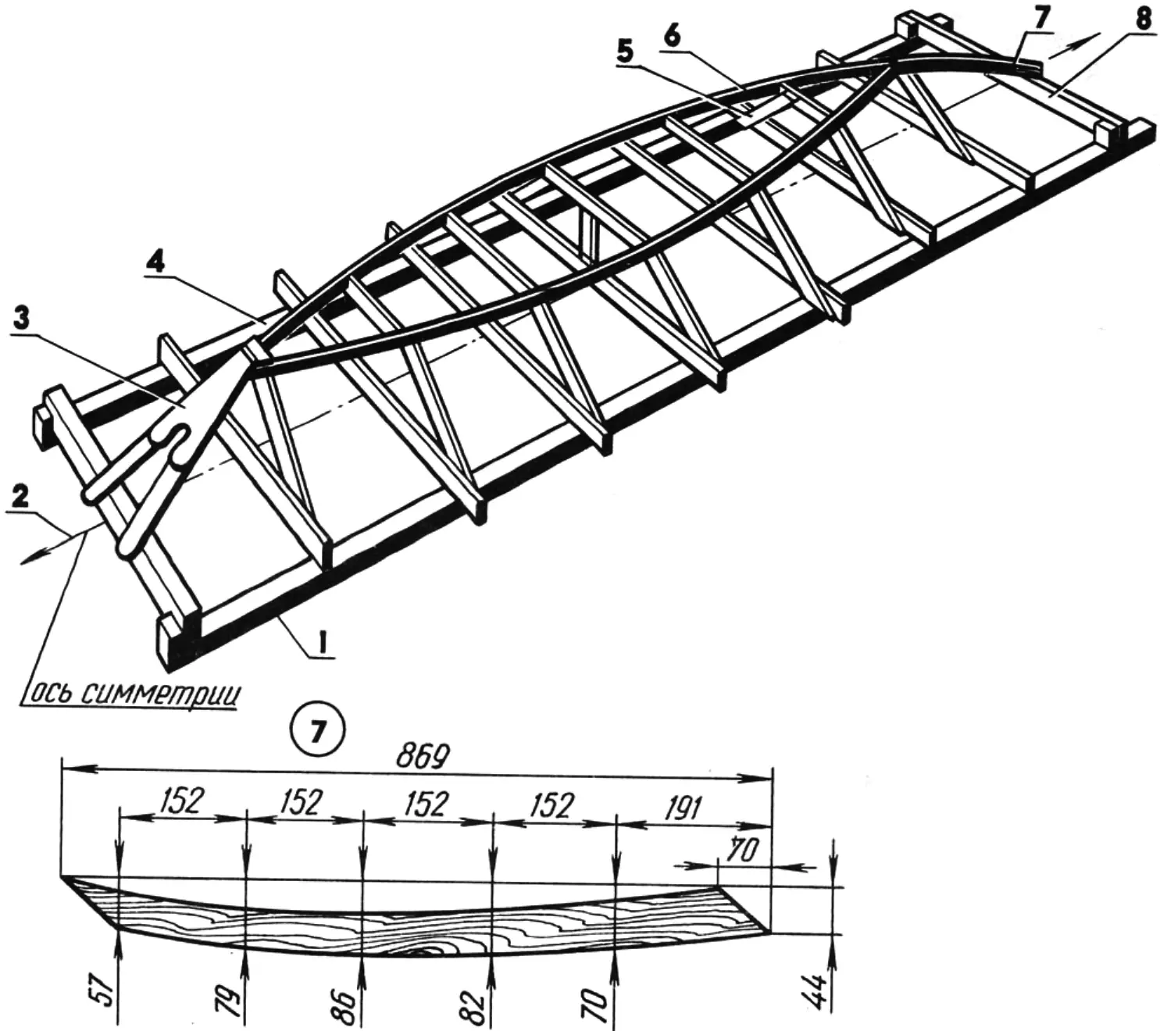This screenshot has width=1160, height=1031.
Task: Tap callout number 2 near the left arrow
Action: pyautogui.click(x=20, y=498)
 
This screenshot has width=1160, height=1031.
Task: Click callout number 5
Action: pyautogui.click(x=625, y=52)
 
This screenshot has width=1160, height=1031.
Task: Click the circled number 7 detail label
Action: pyautogui.click(x=318, y=732)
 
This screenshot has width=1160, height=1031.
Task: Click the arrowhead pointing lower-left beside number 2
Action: pyautogui.click(x=30, y=559)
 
